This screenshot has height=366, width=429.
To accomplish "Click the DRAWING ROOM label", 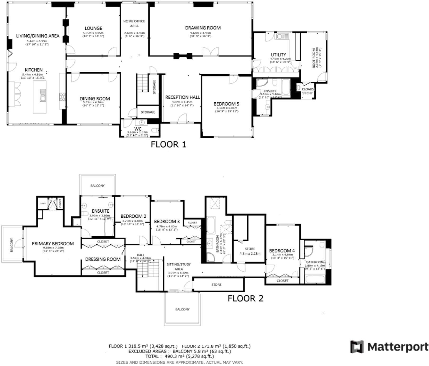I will [x=203, y=28].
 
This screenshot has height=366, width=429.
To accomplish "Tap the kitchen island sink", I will [x=42, y=95].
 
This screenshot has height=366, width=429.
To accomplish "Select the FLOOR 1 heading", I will [x=168, y=144].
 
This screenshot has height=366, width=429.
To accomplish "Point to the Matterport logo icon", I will [x=357, y=347].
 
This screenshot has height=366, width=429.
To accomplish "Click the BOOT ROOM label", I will [x=314, y=58].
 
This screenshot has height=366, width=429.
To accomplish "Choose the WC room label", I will [x=138, y=129].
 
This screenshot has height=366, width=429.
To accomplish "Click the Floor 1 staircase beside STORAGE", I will [x=143, y=83].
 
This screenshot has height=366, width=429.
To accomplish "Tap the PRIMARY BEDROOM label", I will [x=53, y=244].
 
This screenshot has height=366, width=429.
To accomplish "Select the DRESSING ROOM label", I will [x=103, y=259].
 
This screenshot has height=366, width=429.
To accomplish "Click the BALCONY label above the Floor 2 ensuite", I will [x=97, y=186].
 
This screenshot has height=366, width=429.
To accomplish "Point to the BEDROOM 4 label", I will [x=282, y=251].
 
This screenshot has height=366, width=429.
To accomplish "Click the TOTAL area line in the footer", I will [x=180, y=356].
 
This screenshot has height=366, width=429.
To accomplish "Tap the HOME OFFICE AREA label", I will [x=134, y=24].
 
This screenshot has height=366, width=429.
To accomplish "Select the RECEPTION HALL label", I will [x=183, y=97].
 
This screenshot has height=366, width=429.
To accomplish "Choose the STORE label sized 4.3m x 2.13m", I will [x=250, y=249].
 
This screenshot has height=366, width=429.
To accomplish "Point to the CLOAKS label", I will [x=307, y=89].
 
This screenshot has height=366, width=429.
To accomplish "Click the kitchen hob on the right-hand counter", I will [x=63, y=97].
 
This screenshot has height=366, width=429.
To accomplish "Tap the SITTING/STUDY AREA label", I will [x=179, y=267].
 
